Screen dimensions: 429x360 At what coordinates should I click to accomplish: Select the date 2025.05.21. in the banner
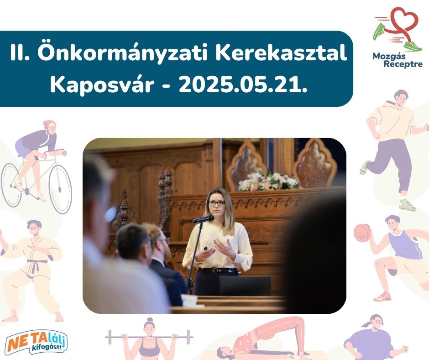[243, 85]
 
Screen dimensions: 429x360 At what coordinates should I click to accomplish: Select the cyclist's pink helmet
[49, 125]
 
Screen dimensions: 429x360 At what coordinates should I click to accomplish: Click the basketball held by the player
[362, 233]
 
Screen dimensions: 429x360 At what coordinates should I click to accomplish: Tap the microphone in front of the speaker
[203, 219]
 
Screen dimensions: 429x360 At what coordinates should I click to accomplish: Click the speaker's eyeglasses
[217, 203]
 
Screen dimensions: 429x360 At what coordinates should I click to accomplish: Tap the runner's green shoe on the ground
[407, 205]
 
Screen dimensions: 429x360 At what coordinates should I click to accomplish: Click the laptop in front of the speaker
[245, 286]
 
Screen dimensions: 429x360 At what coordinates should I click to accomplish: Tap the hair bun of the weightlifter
[150, 319]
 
